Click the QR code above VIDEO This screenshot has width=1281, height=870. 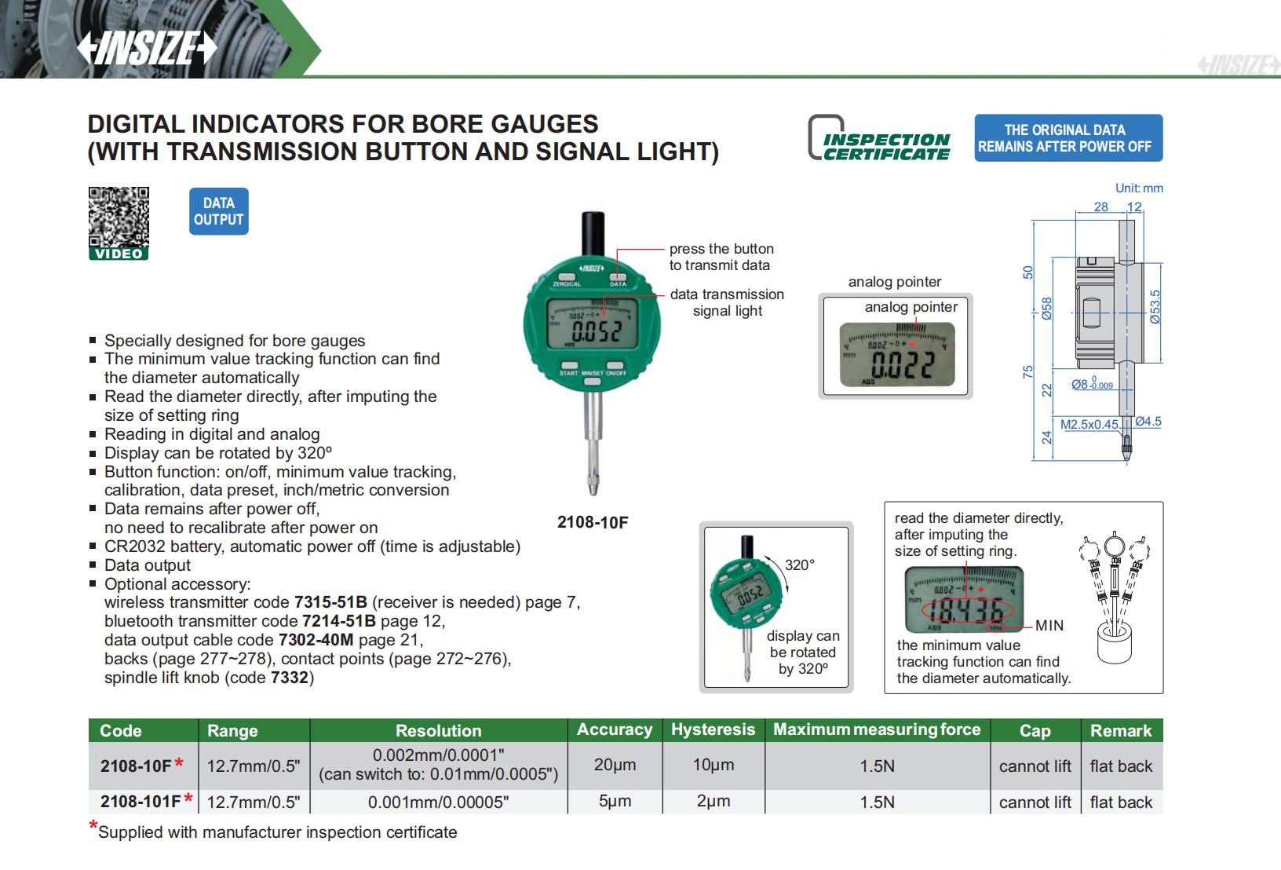[x=119, y=217]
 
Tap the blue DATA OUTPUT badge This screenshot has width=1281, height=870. [x=218, y=211]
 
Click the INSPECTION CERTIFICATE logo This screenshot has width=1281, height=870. [x=880, y=139]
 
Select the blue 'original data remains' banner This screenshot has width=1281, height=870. [x=1067, y=138]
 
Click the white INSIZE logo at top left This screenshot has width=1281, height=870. [x=146, y=49]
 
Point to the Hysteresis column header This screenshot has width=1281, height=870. [x=713, y=729]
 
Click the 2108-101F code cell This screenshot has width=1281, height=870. [x=141, y=802]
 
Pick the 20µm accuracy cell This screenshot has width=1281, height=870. [x=615, y=765]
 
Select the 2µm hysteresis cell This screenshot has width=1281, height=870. [x=713, y=802]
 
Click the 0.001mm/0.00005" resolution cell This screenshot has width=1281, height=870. [x=438, y=802]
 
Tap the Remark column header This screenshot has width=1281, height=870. [x=1121, y=730]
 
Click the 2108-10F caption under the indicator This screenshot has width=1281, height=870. [x=593, y=523]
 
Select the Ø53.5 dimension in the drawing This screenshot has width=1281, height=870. [x=1155, y=307]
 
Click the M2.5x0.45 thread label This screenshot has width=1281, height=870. [x=1089, y=424]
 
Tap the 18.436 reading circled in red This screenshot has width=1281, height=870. [x=966, y=609]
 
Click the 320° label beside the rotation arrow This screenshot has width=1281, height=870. [x=800, y=565]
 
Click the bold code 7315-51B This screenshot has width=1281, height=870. [x=330, y=602]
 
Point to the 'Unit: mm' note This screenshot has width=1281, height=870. [x=1139, y=188]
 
